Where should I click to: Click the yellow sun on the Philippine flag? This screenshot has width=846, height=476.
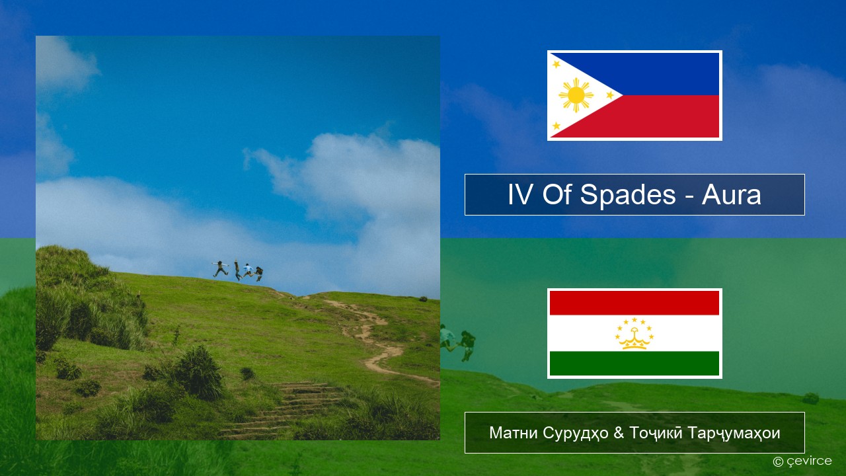click(x=576, y=95)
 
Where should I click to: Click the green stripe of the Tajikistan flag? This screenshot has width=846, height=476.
click(x=634, y=363)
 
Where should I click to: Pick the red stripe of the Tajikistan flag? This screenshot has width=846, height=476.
click(x=634, y=303)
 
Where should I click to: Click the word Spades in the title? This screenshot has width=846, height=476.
click(x=628, y=195)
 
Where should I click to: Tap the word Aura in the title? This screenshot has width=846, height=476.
click(x=731, y=195)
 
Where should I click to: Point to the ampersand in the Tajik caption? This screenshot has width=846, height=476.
click(x=619, y=433)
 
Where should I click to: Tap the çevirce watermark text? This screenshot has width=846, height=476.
click(x=809, y=461)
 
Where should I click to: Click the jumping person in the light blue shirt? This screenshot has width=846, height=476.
click(x=248, y=270)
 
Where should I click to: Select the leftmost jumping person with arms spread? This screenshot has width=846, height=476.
click(x=220, y=268)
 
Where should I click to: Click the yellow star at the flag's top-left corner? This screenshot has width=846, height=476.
click(x=557, y=64)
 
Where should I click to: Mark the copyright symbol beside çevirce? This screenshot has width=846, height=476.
click(x=778, y=461)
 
